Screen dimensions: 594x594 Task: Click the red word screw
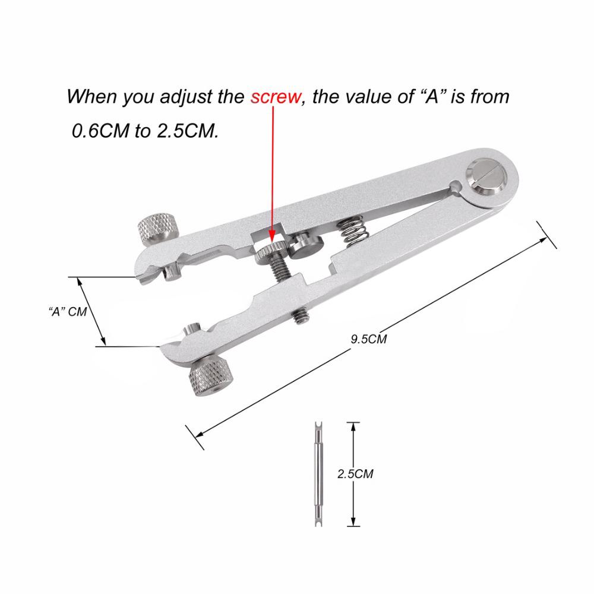(x=276, y=96)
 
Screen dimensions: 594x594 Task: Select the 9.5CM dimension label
(x=369, y=339)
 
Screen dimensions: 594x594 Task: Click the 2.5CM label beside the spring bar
(x=355, y=474)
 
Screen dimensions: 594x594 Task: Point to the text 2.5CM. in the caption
(x=187, y=130)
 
